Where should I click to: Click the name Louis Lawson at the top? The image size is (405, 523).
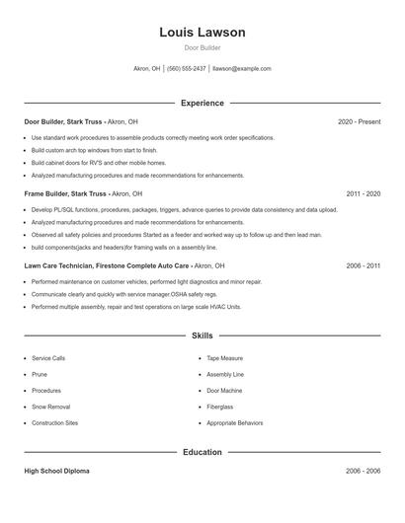[202, 33]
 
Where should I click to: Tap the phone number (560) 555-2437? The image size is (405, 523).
[187, 69]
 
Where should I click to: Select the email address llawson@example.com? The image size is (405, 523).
[242, 69]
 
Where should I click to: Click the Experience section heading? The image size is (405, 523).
[202, 103]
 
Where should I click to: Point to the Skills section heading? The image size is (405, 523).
[202, 336]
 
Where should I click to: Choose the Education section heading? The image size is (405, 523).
[202, 452]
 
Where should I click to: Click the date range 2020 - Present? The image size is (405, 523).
[359, 121]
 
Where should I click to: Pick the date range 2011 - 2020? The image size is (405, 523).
[361, 194]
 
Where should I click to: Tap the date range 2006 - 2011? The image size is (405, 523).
[363, 266]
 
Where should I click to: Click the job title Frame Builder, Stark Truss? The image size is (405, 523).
[66, 194]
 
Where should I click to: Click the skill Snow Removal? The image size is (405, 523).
[51, 407]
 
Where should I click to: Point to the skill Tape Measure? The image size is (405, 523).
[225, 358]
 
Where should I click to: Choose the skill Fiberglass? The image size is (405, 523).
[220, 407]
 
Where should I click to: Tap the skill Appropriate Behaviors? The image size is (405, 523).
[235, 422]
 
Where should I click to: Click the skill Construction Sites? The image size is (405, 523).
[55, 422]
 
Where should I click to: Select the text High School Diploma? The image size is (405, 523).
[57, 472]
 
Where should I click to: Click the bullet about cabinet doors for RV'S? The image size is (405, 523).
[99, 163]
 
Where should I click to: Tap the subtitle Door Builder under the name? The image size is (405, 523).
[202, 47]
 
